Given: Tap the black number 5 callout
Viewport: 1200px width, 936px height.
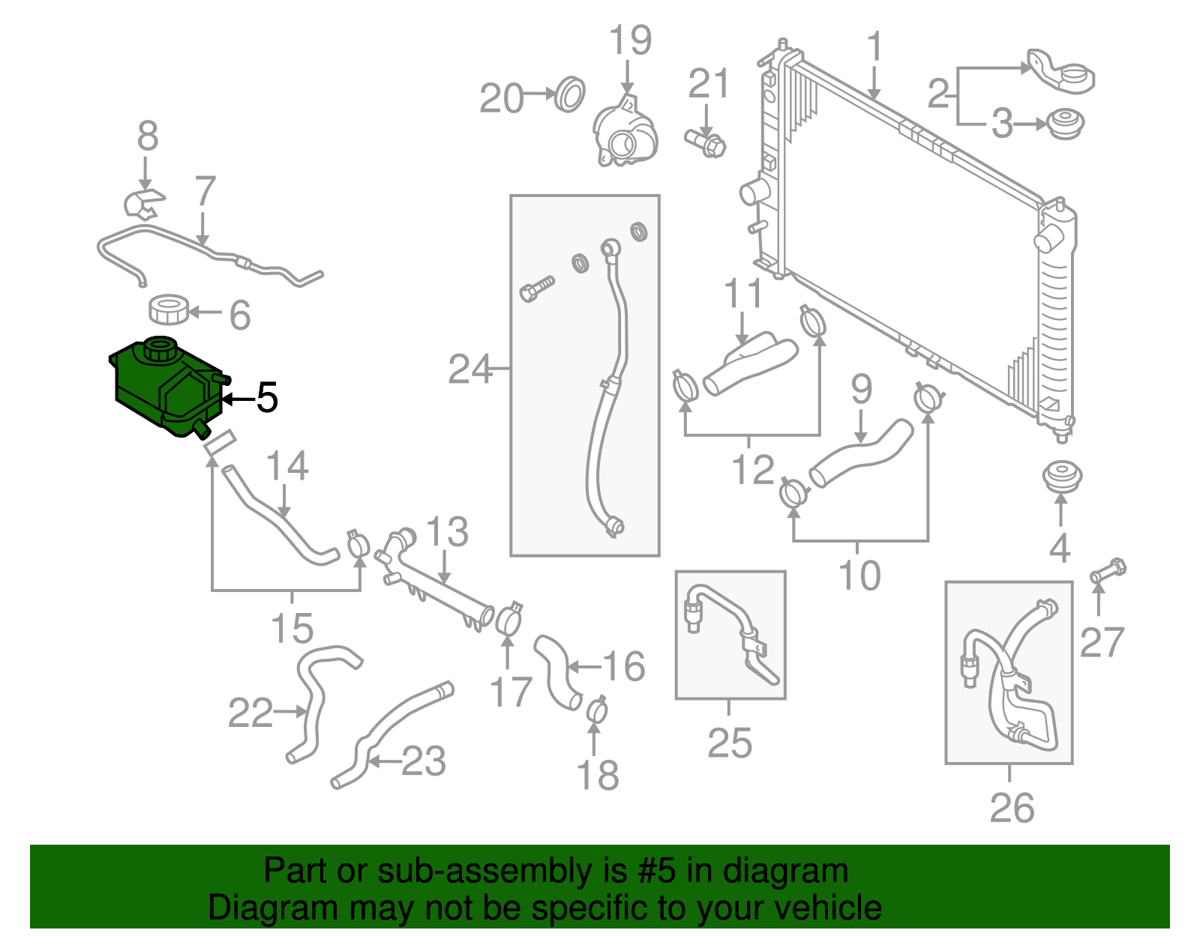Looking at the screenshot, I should click(267, 398).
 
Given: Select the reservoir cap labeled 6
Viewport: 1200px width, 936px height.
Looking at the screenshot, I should click(169, 310).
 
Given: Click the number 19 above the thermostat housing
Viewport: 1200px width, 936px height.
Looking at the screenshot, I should click(629, 40).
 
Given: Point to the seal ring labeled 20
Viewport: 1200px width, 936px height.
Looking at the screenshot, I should click(571, 94).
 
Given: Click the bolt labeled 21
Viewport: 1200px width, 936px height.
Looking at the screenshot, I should click(706, 142).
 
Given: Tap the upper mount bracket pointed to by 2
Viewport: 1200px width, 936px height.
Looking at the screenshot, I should click(1061, 73).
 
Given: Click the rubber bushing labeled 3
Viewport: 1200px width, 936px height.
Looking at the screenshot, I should click(1065, 124).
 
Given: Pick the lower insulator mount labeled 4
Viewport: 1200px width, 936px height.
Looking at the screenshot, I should click(1062, 477).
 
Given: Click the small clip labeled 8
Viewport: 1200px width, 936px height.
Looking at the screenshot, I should click(144, 204).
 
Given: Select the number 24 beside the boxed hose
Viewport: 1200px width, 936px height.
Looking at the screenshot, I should click(469, 369).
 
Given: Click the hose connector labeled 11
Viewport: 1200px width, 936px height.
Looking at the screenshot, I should click(750, 363).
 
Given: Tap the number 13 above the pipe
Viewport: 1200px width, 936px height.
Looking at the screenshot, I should click(447, 532).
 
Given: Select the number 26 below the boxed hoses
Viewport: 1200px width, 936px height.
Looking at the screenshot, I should click(1012, 808).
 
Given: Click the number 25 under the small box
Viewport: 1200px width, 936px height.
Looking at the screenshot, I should click(729, 743).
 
